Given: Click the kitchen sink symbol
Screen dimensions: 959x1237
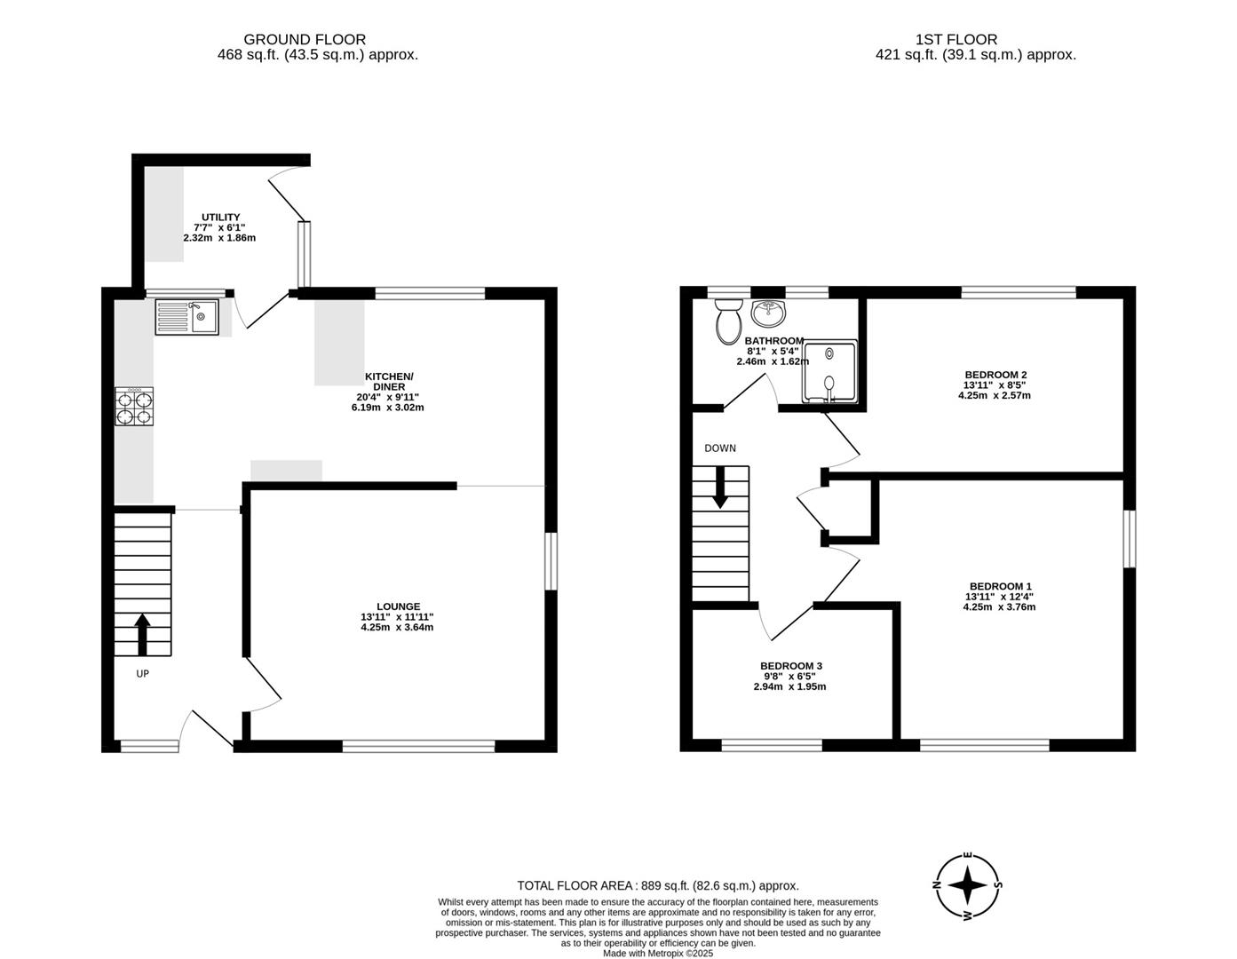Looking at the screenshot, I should [x=186, y=317].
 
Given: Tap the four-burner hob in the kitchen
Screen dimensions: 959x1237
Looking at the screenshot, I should [x=133, y=407].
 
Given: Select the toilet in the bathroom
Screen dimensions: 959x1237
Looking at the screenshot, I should [x=729, y=321].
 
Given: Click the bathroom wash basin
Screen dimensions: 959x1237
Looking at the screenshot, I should [x=768, y=313].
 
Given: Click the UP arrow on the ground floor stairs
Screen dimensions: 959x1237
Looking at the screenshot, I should [x=142, y=633].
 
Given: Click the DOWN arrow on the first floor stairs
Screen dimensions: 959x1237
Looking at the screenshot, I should [x=720, y=487].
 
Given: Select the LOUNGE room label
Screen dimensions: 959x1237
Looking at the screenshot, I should [x=397, y=606].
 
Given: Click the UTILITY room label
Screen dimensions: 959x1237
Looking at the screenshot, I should [x=220, y=218].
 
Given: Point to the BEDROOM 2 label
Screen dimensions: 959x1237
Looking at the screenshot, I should [x=995, y=375].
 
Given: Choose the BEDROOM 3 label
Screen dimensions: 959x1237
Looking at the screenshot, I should [x=790, y=666].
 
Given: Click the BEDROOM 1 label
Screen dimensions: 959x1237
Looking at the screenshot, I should [x=1000, y=586].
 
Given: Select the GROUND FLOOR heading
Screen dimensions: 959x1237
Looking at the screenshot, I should [x=305, y=39].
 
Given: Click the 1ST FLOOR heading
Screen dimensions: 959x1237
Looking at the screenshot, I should [x=956, y=39].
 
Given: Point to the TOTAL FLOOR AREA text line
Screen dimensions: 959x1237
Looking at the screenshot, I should [x=658, y=885].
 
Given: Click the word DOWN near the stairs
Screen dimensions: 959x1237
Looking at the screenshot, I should [x=720, y=448].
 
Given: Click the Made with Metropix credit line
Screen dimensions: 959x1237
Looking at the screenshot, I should [x=658, y=953].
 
